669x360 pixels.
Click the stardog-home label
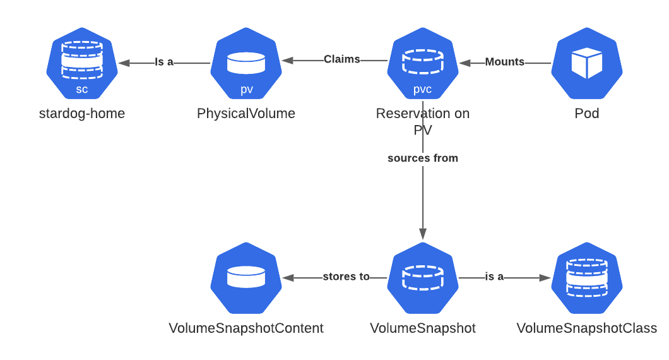82,114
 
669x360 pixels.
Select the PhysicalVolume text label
246,114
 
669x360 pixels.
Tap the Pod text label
586,114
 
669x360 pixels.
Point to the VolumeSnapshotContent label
246,328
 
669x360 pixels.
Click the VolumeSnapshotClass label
586,328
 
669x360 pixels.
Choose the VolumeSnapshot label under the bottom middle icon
422,328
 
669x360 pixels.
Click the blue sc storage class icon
82,63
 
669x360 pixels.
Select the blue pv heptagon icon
246,63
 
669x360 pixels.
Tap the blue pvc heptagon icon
422,63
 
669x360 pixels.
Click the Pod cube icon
586,63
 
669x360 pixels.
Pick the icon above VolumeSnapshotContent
246,278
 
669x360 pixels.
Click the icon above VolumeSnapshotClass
586,278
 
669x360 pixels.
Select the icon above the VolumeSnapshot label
422,278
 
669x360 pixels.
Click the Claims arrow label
341,59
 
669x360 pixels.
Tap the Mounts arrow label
504,62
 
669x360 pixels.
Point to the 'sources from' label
422,158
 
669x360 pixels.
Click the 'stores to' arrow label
346,277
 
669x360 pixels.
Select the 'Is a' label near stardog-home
164,62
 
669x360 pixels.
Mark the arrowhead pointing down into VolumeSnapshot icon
423,234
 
